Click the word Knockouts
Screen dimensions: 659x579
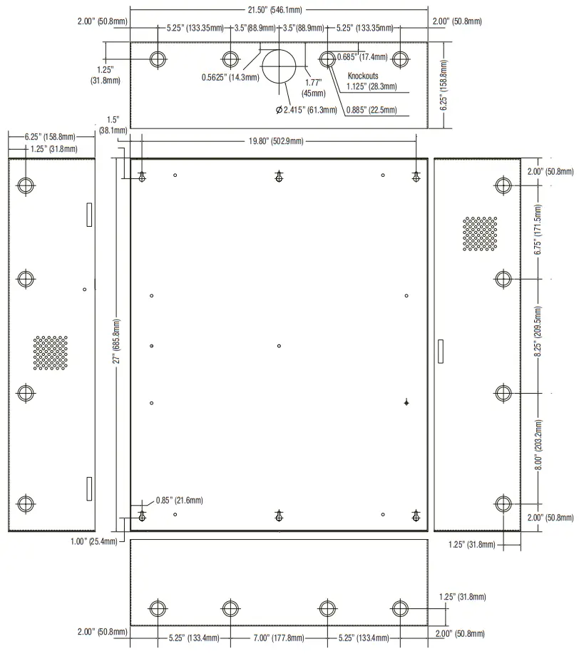click(x=362, y=76)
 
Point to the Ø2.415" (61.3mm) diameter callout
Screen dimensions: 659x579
click(x=306, y=110)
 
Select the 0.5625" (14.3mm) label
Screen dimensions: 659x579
click(x=230, y=77)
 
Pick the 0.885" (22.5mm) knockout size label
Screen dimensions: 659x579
click(x=372, y=110)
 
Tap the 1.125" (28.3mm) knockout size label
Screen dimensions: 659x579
click(x=372, y=86)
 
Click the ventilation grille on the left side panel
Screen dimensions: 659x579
click(x=50, y=353)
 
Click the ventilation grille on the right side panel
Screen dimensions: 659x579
click(x=479, y=234)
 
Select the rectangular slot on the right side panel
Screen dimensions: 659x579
click(x=439, y=349)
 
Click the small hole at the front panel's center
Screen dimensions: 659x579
click(x=279, y=346)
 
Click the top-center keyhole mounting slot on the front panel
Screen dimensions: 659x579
click(x=279, y=177)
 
